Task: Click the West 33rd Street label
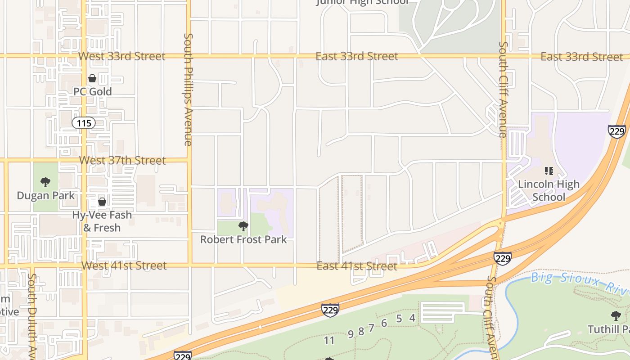122,56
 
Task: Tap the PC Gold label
92,91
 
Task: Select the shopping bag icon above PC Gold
92,78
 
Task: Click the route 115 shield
84,123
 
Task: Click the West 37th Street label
122,160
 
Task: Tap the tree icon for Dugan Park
45,182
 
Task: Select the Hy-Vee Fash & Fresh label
102,221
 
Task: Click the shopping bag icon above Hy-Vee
102,201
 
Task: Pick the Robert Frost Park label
243,239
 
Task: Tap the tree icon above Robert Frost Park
243,226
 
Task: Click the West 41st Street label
124,265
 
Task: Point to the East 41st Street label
357,266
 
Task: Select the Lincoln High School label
549,190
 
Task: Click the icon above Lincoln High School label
549,171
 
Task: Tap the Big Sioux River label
580,283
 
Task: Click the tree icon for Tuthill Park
616,316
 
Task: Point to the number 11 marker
329,341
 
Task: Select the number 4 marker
412,318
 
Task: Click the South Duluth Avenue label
31,315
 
